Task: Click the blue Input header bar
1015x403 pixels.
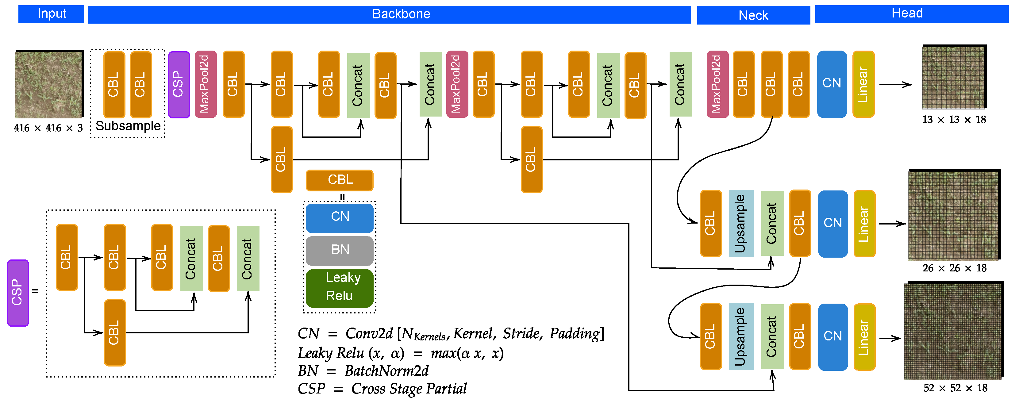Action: pyautogui.click(x=51, y=14)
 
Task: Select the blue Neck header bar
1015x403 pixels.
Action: pyautogui.click(x=753, y=15)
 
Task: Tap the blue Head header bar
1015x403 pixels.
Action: pyautogui.click(x=911, y=14)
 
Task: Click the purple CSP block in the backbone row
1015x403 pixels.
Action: pyautogui.click(x=179, y=84)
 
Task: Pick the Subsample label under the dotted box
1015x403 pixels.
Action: pyautogui.click(x=128, y=126)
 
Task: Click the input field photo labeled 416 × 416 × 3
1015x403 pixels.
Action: pyautogui.click(x=48, y=84)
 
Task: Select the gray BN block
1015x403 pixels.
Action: pyautogui.click(x=339, y=250)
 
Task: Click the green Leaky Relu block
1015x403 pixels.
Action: pyautogui.click(x=339, y=287)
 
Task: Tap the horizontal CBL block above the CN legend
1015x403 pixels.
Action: pyautogui.click(x=339, y=180)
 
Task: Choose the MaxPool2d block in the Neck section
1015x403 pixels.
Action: pyautogui.click(x=717, y=84)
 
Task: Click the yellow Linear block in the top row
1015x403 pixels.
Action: pyautogui.click(x=863, y=84)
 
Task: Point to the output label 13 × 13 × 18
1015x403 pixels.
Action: pyautogui.click(x=954, y=120)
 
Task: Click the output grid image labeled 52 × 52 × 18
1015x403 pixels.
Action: pyautogui.click(x=953, y=331)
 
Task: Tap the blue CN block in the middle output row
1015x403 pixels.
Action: pyautogui.click(x=832, y=223)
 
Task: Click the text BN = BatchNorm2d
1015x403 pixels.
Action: pyautogui.click(x=363, y=371)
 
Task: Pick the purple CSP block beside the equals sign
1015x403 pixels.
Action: pyautogui.click(x=18, y=293)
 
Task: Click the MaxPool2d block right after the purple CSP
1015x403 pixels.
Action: pyautogui.click(x=205, y=84)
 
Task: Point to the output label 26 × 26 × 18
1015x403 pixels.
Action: pyautogui.click(x=954, y=268)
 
